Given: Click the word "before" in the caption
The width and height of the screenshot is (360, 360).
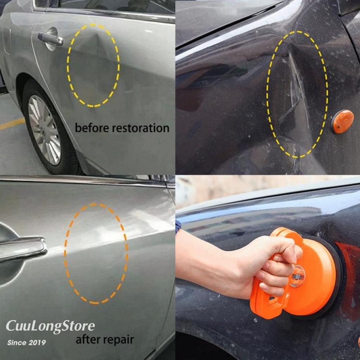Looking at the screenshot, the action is (x=92, y=128).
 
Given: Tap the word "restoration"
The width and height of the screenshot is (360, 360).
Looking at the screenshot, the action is (x=141, y=128).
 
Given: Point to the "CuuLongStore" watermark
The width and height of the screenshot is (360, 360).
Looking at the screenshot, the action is (x=50, y=326).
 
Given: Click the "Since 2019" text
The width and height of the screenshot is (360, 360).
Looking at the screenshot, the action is (x=27, y=342).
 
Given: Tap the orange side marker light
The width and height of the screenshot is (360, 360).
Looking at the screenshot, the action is (x=342, y=121).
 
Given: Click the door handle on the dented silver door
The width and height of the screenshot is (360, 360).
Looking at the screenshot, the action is (x=50, y=39).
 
